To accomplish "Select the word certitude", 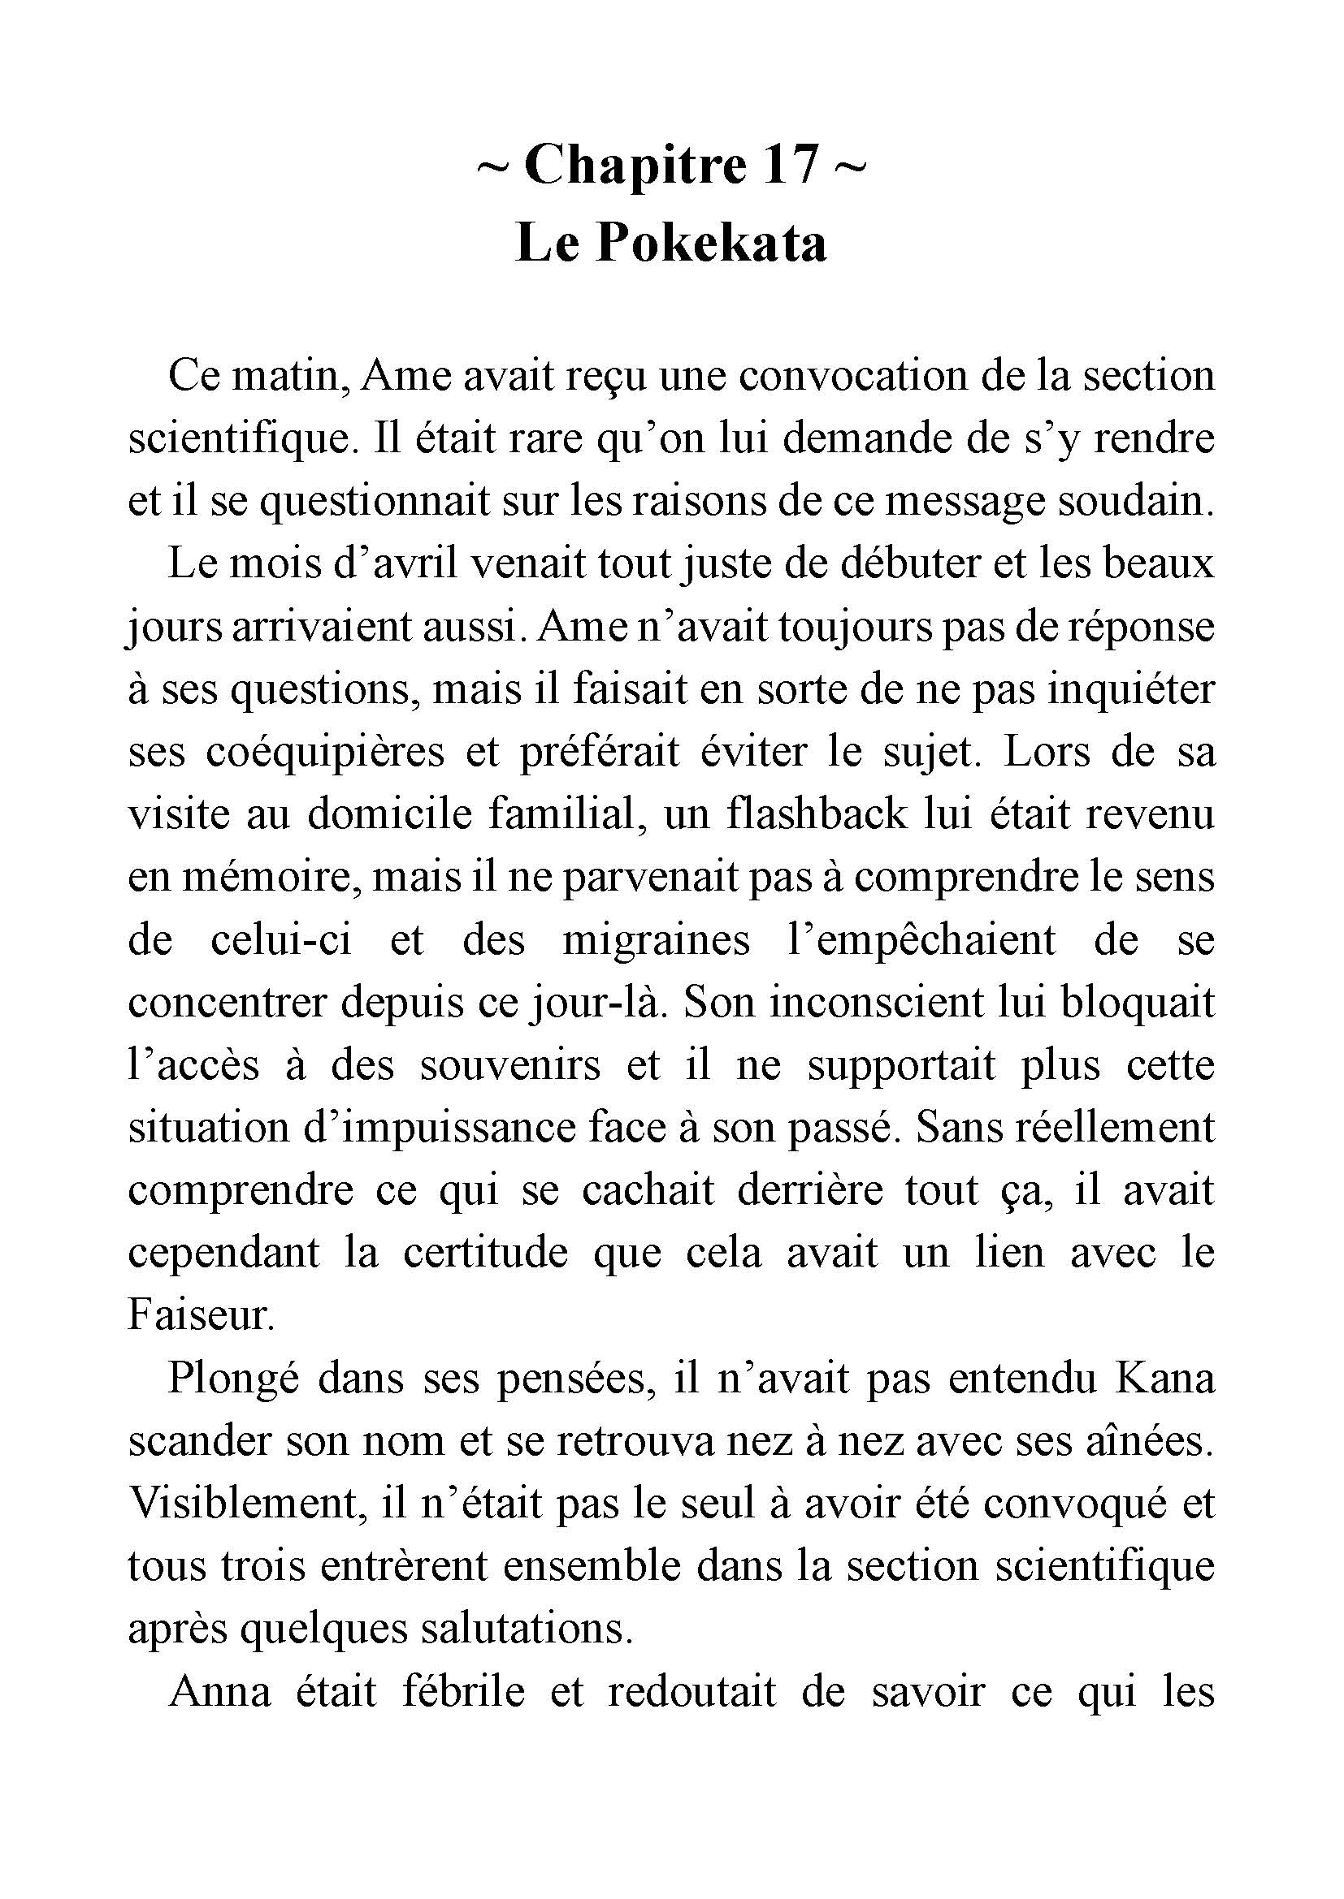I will point(485,1253).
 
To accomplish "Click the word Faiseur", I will point(200,1316).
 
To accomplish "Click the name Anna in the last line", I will point(219,1692).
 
